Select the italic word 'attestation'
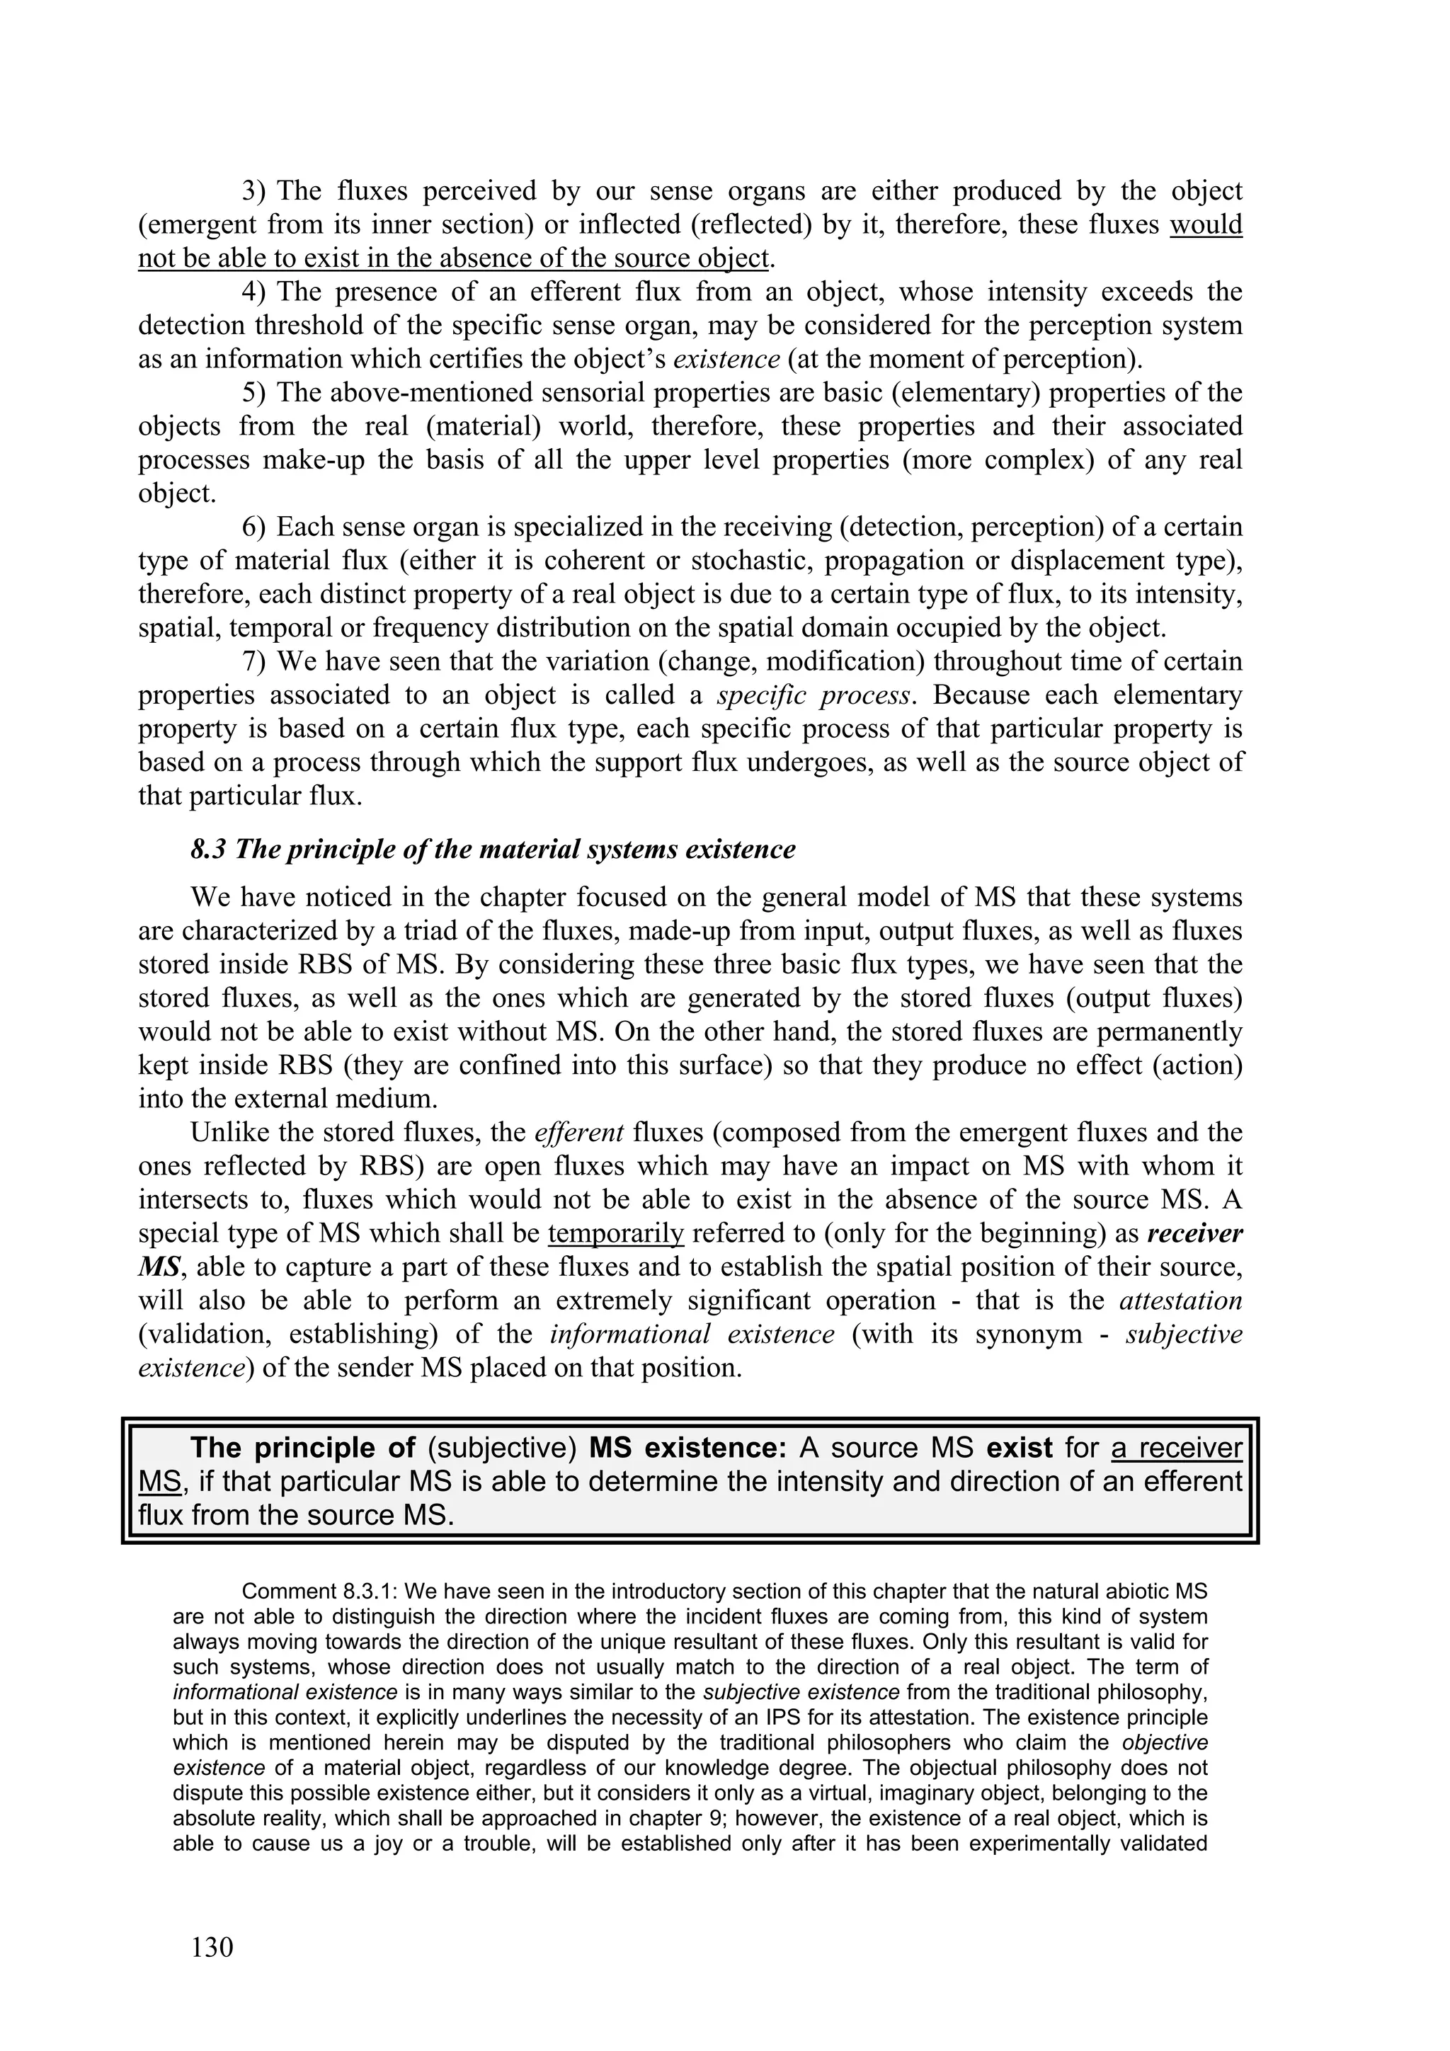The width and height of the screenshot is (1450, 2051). tap(1180, 1301)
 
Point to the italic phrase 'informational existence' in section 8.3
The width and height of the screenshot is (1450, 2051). tap(692, 1335)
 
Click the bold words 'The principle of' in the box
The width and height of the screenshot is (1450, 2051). tap(303, 1447)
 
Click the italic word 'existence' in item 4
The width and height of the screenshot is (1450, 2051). tap(726, 359)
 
